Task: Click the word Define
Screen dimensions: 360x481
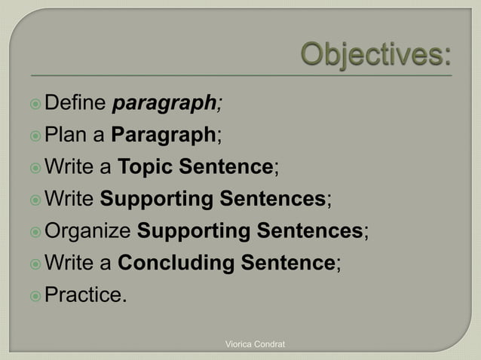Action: pyautogui.click(x=75, y=103)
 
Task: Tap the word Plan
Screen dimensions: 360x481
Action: pyautogui.click(x=66, y=136)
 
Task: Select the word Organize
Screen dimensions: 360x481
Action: pyautogui.click(x=86, y=231)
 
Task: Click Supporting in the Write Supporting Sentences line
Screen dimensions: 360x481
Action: pyautogui.click(x=156, y=200)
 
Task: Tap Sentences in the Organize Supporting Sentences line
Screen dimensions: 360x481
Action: pyautogui.click(x=310, y=230)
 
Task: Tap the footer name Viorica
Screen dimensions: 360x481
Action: pyautogui.click(x=241, y=345)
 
